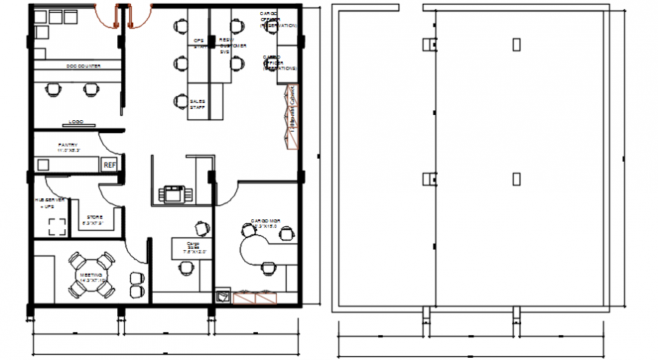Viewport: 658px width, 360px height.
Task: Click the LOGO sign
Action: (x=76, y=122)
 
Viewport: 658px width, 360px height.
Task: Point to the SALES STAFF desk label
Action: (x=198, y=104)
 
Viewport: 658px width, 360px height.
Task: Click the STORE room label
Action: (x=94, y=220)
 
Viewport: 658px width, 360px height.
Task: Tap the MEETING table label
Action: (x=91, y=278)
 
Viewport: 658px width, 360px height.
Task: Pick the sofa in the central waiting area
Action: (x=175, y=194)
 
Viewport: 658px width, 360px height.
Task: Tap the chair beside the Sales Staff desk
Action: (x=181, y=101)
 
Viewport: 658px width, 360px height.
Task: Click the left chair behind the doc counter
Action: (x=53, y=89)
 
